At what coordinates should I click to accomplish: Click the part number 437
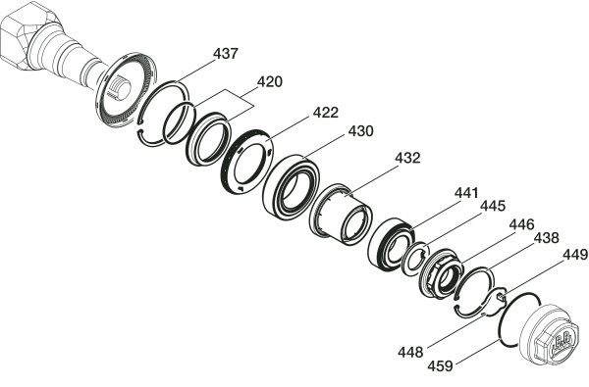tap(226, 54)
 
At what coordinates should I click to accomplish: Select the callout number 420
tap(269, 81)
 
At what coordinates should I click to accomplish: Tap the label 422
tap(326, 113)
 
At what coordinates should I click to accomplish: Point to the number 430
tap(360, 131)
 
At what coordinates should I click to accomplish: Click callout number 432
tap(407, 158)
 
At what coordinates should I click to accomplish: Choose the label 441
tap(466, 193)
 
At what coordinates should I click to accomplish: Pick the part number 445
tap(493, 206)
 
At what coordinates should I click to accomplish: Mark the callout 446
tap(521, 224)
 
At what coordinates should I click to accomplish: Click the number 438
tap(547, 238)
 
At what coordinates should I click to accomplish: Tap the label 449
tap(575, 255)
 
